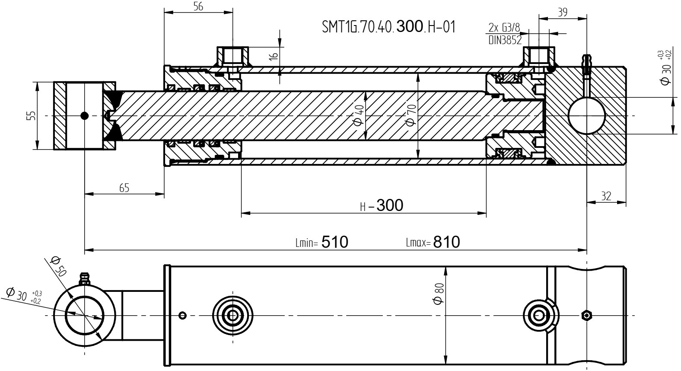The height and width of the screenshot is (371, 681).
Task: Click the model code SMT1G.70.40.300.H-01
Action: [389, 27]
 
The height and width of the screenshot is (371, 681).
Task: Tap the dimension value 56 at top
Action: [198, 6]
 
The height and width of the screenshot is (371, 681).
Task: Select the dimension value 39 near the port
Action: [563, 12]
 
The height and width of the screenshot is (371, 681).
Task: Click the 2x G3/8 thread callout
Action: [504, 28]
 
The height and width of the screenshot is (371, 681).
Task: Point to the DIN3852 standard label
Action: [505, 40]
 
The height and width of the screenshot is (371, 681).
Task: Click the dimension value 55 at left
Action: [31, 115]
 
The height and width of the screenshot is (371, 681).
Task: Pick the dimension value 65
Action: [124, 188]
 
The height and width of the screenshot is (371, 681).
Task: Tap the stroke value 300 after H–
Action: [390, 205]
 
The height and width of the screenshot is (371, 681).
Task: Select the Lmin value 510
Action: [335, 242]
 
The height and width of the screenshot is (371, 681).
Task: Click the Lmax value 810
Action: [447, 242]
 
